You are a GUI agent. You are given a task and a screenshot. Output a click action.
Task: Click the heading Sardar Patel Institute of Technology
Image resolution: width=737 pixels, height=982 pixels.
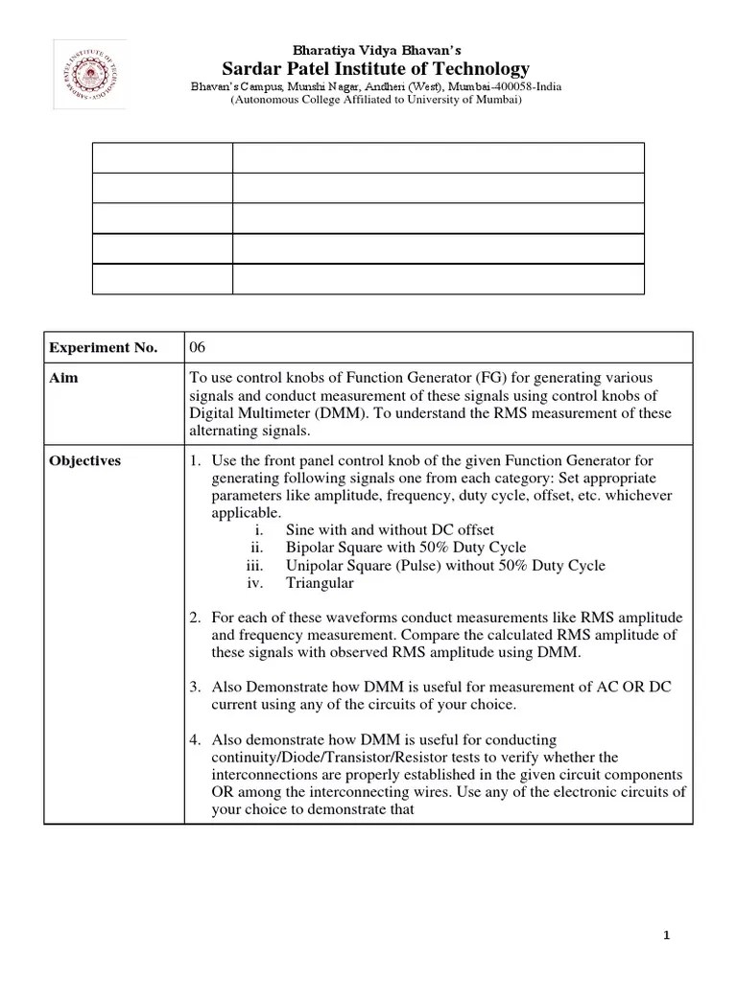tap(375, 69)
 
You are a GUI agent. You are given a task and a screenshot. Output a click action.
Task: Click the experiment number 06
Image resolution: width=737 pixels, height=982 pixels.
tap(198, 347)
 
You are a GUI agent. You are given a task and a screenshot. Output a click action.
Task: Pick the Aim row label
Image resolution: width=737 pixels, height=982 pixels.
tap(63, 378)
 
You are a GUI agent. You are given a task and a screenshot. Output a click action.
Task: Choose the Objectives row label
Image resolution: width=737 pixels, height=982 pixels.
tap(85, 460)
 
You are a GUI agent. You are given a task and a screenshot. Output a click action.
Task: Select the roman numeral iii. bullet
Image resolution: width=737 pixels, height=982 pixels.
tap(254, 565)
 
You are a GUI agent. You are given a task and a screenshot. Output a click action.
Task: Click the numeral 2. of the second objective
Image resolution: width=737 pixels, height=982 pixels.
tap(195, 618)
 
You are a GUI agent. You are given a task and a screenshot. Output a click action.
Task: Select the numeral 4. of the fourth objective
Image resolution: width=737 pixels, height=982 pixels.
tap(195, 739)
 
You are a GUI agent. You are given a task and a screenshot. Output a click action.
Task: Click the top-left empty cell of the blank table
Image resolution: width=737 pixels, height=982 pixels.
tap(161, 157)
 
